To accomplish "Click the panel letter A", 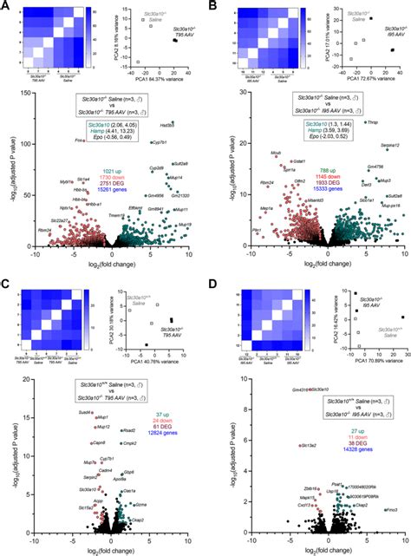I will (x=6, y=6).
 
